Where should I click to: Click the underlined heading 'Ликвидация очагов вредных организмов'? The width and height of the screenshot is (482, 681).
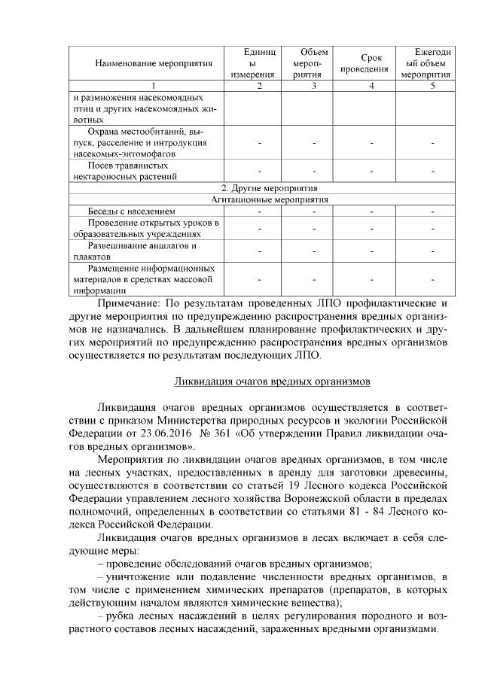(x=272, y=382)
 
